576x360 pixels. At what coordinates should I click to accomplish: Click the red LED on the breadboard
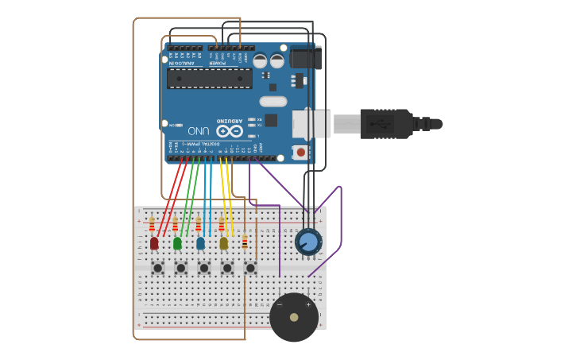154,243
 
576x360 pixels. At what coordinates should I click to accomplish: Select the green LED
177,243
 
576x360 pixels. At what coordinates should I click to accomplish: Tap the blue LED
200,243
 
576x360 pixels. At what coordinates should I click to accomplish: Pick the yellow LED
223,243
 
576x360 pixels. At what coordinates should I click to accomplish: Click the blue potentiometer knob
308,242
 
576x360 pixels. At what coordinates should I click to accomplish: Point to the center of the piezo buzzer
294,317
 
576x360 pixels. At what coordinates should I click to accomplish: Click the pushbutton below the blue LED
204,269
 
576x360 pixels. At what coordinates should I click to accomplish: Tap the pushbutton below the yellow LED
227,269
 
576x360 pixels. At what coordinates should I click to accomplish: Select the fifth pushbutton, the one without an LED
250,269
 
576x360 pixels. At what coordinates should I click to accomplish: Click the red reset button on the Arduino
300,152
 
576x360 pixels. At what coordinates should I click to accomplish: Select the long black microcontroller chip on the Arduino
209,78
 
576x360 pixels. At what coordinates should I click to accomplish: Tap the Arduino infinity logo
229,130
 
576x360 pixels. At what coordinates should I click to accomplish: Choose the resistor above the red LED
152,224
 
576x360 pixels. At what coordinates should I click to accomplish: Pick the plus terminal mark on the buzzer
308,304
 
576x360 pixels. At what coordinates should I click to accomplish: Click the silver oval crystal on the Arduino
273,102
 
